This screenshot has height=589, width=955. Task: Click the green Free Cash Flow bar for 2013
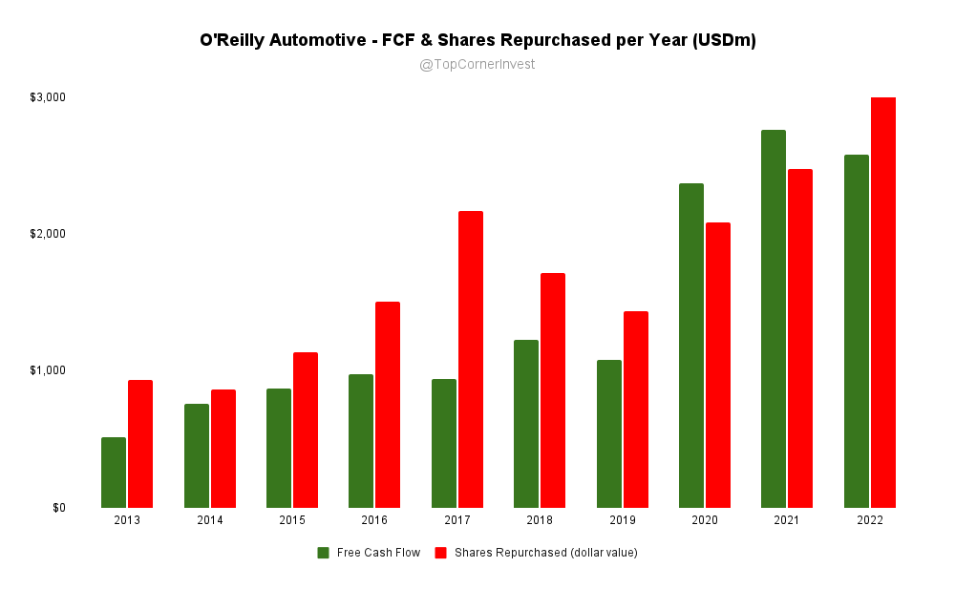click(x=114, y=473)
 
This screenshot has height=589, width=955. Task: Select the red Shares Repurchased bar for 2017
click(x=471, y=359)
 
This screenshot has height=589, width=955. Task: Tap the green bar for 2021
click(x=774, y=319)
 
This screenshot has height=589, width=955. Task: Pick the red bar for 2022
click(x=883, y=302)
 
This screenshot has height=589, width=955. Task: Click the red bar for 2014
click(x=223, y=449)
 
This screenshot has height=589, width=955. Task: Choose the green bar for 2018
click(x=526, y=424)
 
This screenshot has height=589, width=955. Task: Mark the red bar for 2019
click(x=636, y=410)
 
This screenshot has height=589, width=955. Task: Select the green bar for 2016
click(x=361, y=441)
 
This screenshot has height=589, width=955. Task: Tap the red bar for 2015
click(x=306, y=430)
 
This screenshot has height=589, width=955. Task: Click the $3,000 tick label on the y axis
click(x=47, y=97)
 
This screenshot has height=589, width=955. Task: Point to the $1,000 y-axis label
click(x=47, y=370)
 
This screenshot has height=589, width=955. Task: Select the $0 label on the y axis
click(x=59, y=507)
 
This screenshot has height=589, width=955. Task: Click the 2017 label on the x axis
click(x=457, y=520)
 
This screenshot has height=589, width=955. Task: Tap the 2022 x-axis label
click(x=870, y=520)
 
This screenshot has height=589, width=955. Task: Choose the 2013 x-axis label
click(x=127, y=520)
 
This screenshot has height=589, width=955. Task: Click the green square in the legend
click(x=324, y=553)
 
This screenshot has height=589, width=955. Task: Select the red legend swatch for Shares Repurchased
click(x=441, y=553)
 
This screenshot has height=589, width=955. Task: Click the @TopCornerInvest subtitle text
click(x=477, y=65)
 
